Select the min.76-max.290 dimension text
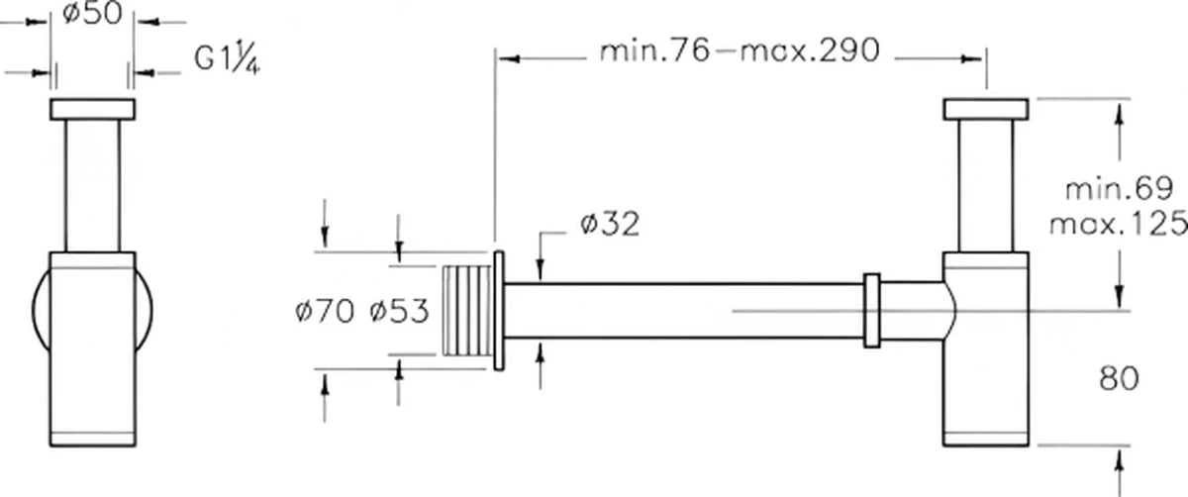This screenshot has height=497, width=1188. [740, 52]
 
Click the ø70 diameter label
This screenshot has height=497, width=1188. [324, 313]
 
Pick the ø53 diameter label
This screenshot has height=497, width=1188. [398, 313]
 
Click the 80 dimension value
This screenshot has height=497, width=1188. [1118, 377]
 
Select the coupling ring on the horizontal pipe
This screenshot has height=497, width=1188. [871, 310]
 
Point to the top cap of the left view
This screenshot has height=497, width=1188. [92, 109]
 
